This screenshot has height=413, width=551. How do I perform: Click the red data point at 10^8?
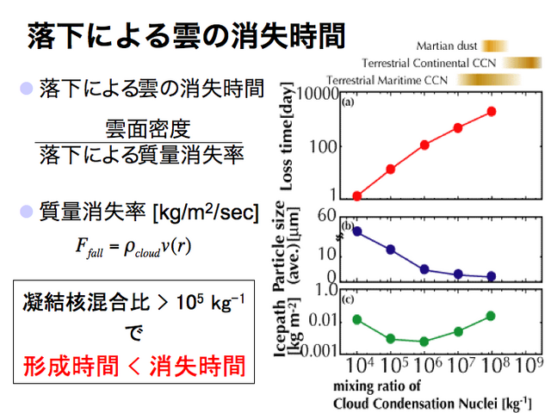pyautogui.click(x=492, y=112)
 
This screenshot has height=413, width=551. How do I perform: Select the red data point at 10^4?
pyautogui.click(x=357, y=196)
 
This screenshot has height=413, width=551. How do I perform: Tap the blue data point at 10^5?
pyautogui.click(x=390, y=250)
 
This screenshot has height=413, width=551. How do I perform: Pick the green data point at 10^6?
pyautogui.click(x=424, y=342)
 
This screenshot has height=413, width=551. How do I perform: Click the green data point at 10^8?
pyautogui.click(x=492, y=316)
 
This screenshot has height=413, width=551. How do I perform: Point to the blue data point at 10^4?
pyautogui.click(x=357, y=231)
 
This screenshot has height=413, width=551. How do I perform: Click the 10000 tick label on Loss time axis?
pyautogui.click(x=318, y=94)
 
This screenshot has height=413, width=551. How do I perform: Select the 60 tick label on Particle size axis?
pyautogui.click(x=327, y=216)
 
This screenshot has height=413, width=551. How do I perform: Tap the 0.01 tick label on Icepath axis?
pyautogui.click(x=323, y=320)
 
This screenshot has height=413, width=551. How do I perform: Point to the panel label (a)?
pyautogui.click(x=348, y=102)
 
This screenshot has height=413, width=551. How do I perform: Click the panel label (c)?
pyautogui.click(x=348, y=299)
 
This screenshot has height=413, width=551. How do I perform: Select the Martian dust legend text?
pyautogui.click(x=447, y=46)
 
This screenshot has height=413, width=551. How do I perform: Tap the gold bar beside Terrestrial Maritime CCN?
pyautogui.click(x=488, y=79)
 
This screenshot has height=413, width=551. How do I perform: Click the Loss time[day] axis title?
pyautogui.click(x=287, y=137)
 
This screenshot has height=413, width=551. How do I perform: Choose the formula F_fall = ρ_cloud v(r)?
pyautogui.click(x=133, y=247)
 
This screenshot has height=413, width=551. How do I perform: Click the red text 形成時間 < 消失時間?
pyautogui.click(x=134, y=366)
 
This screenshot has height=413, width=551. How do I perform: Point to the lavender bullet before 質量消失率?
pyautogui.click(x=27, y=212)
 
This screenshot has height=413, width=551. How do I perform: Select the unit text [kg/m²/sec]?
pyautogui.click(x=207, y=213)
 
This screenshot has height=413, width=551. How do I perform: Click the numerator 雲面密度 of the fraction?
pyautogui.click(x=147, y=129)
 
